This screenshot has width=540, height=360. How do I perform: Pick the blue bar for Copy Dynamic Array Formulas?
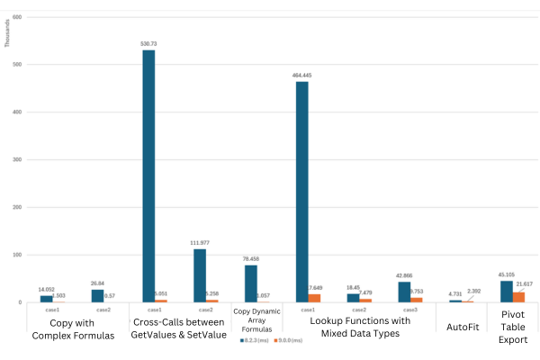click(x=251, y=283)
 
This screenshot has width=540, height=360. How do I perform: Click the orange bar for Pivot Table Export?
click(x=518, y=297)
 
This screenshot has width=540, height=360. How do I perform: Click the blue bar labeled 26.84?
click(x=97, y=295)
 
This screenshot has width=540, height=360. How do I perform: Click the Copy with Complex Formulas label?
click(x=71, y=328)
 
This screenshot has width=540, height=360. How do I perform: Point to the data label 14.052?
click(x=47, y=290)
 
